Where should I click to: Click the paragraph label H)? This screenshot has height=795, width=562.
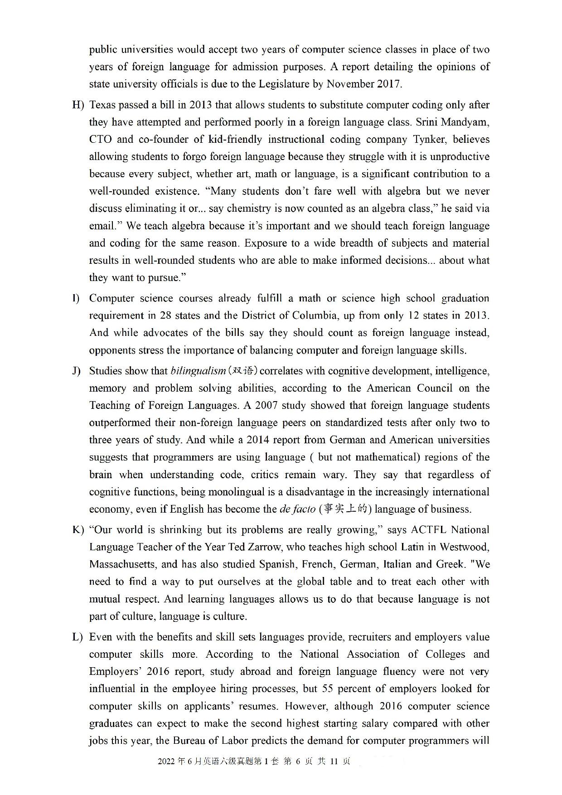coord(78,105)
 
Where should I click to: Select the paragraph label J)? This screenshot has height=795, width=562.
coord(77,371)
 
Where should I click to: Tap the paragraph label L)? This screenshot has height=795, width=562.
coord(78,637)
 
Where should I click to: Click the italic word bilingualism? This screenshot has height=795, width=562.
coord(198,371)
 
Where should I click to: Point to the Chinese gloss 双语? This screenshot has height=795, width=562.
coord(242,371)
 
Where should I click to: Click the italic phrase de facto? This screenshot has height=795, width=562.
coord(297,509)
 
